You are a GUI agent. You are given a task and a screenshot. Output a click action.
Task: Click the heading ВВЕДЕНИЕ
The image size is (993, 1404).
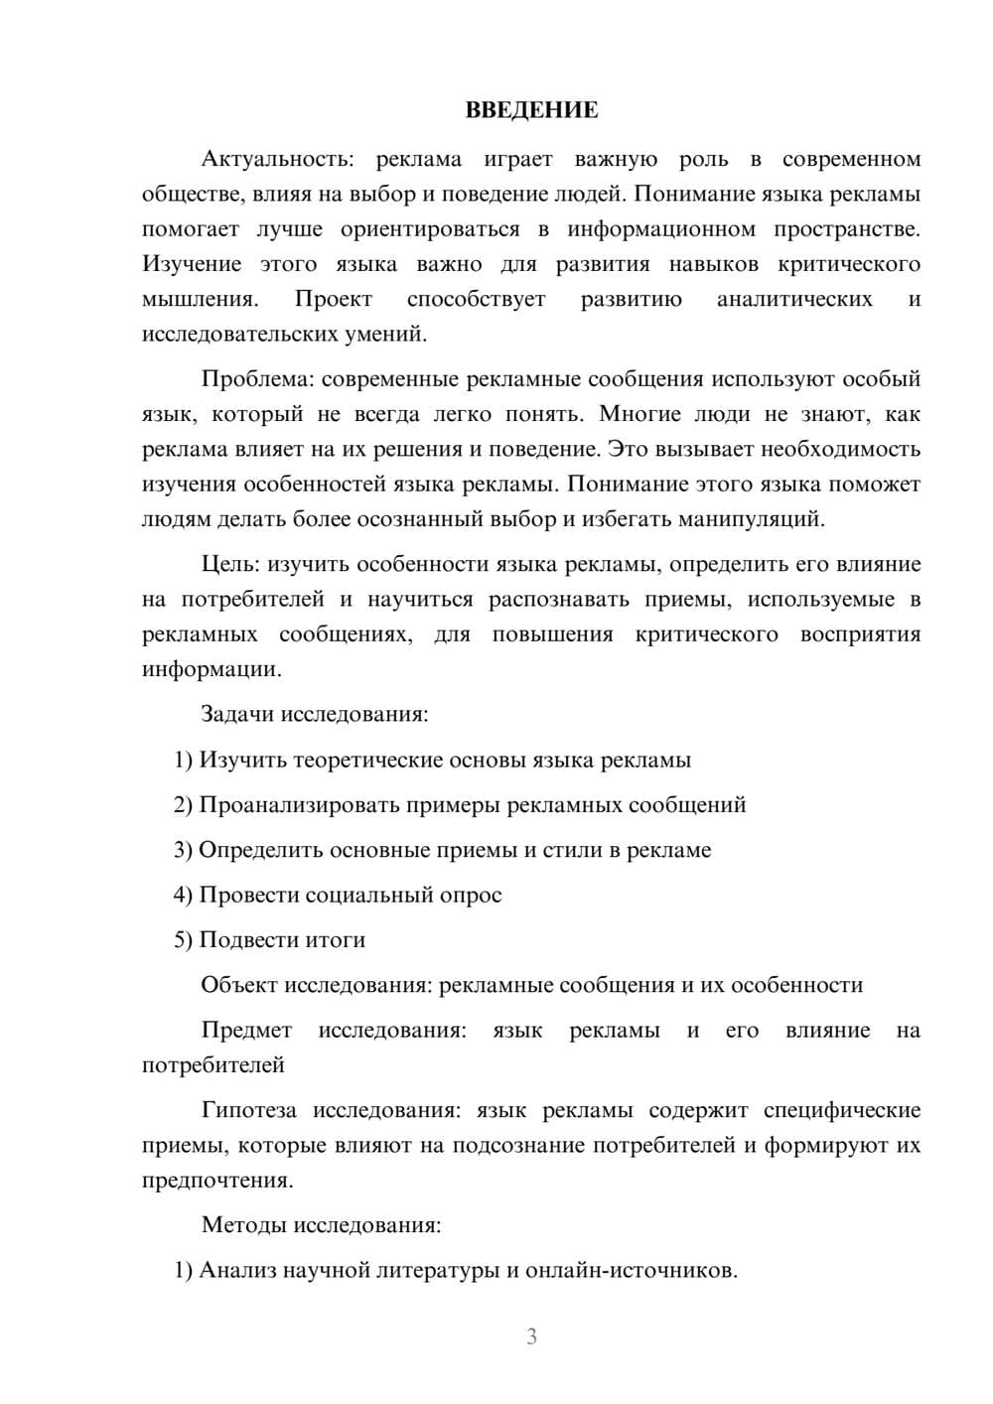click(x=531, y=110)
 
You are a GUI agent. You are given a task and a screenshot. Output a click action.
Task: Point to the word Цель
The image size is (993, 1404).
click(x=230, y=565)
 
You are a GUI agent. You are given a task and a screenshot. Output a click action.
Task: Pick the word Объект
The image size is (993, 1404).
click(x=239, y=985)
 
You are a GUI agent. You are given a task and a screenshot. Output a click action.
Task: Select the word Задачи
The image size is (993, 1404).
click(x=238, y=714)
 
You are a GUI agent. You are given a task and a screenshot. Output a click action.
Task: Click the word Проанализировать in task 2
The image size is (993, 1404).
click(x=299, y=805)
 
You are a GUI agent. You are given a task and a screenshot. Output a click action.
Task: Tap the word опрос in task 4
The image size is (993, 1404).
click(x=471, y=896)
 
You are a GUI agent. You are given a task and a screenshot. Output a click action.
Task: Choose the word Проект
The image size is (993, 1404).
click(x=333, y=300)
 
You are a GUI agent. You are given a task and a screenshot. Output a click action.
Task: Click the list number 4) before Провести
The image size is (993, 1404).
click(x=183, y=896)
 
